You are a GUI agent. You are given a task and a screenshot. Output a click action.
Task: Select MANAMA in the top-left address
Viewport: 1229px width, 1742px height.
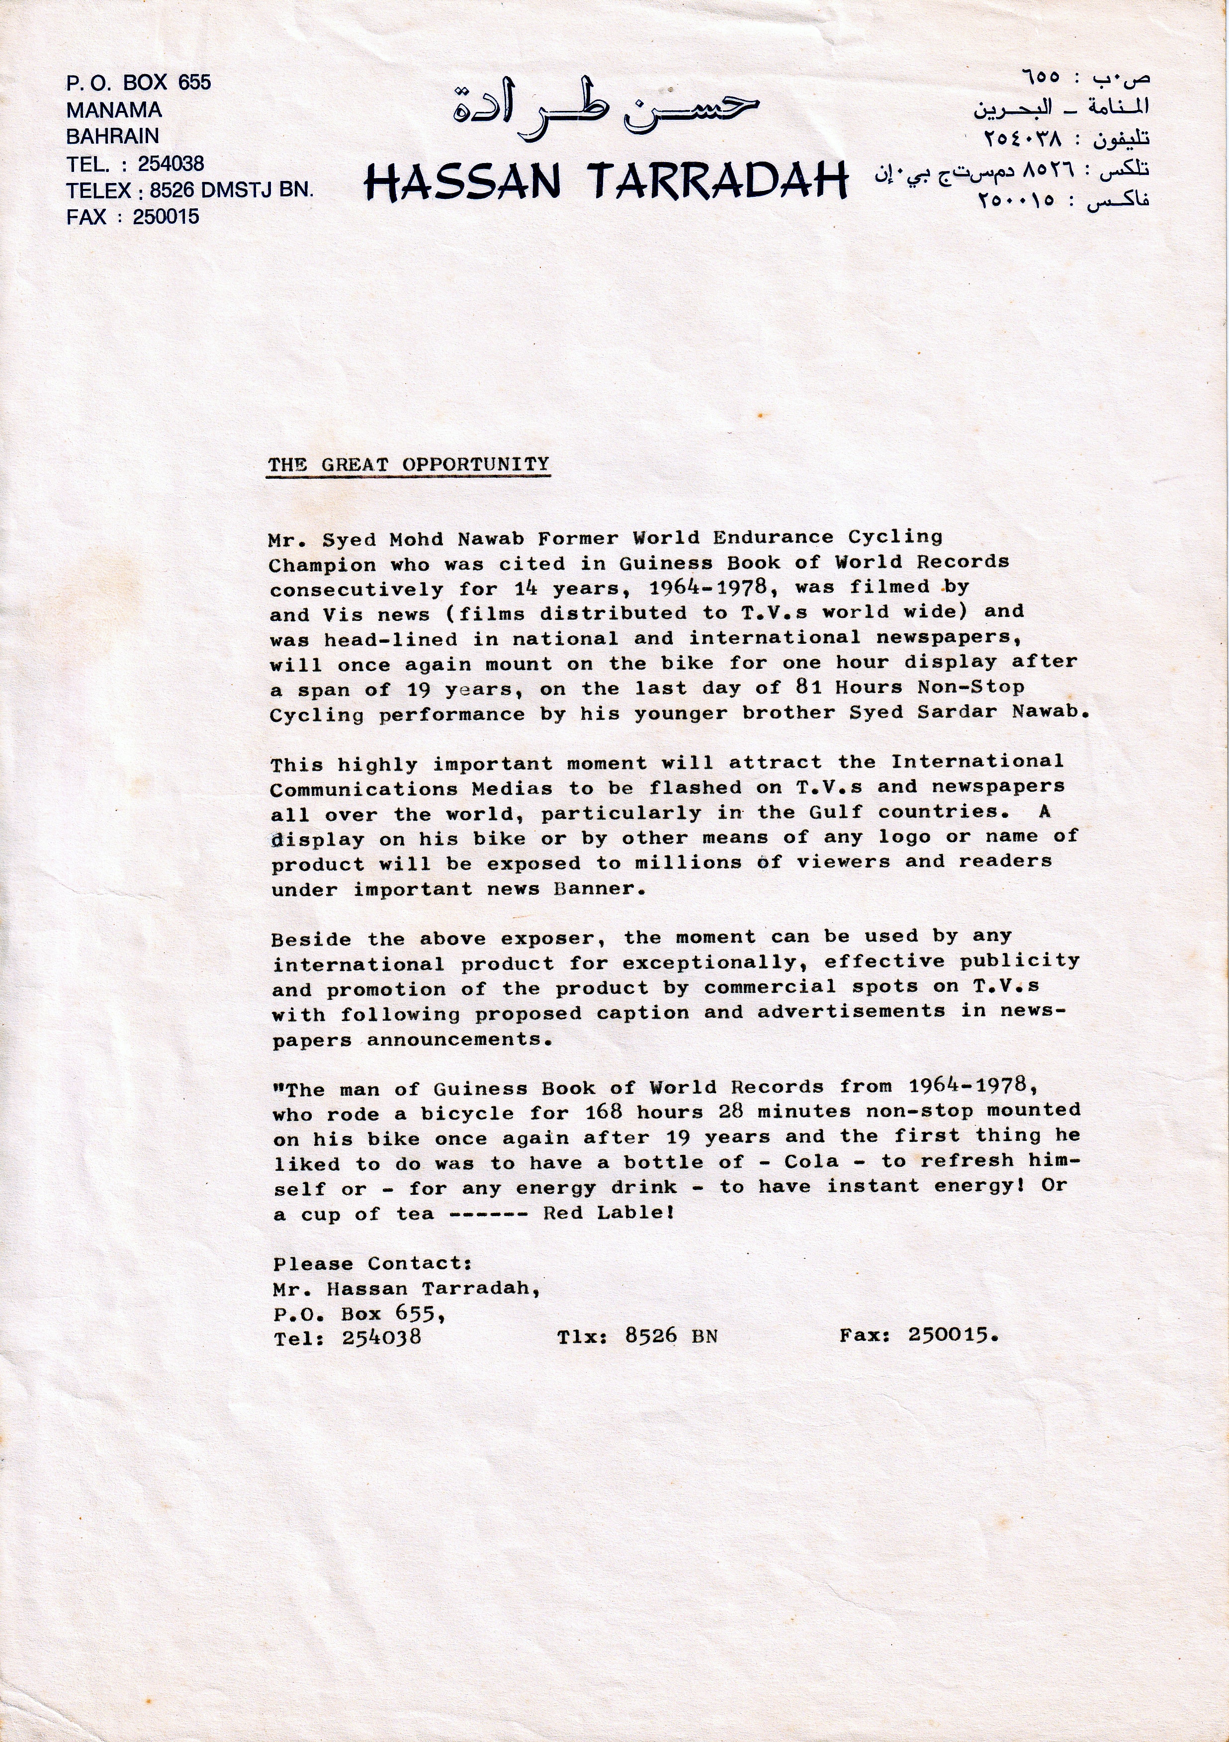114,110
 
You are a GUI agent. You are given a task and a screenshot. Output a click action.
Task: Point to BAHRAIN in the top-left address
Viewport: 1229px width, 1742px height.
112,137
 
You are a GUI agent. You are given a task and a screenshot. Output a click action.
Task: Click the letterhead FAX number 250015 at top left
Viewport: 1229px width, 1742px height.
166,217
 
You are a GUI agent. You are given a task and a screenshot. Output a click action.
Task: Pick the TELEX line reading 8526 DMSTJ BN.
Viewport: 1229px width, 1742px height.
189,190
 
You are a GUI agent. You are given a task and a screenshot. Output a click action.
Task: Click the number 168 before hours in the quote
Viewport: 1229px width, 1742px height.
604,1112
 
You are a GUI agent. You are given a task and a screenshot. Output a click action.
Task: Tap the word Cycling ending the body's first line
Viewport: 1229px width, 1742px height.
895,536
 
